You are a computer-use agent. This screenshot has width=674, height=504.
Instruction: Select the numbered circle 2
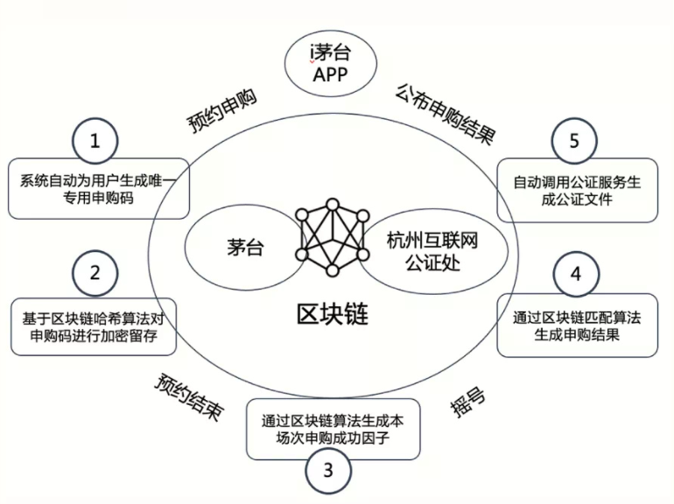point(95,273)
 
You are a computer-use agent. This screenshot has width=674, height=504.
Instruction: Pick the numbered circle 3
point(328,471)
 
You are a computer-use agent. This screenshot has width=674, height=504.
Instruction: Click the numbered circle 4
point(575,274)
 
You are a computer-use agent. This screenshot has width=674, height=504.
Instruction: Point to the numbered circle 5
point(574,141)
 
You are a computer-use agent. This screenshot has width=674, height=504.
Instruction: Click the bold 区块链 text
point(331,313)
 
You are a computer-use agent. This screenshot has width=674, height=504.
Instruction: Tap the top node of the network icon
point(332,206)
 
